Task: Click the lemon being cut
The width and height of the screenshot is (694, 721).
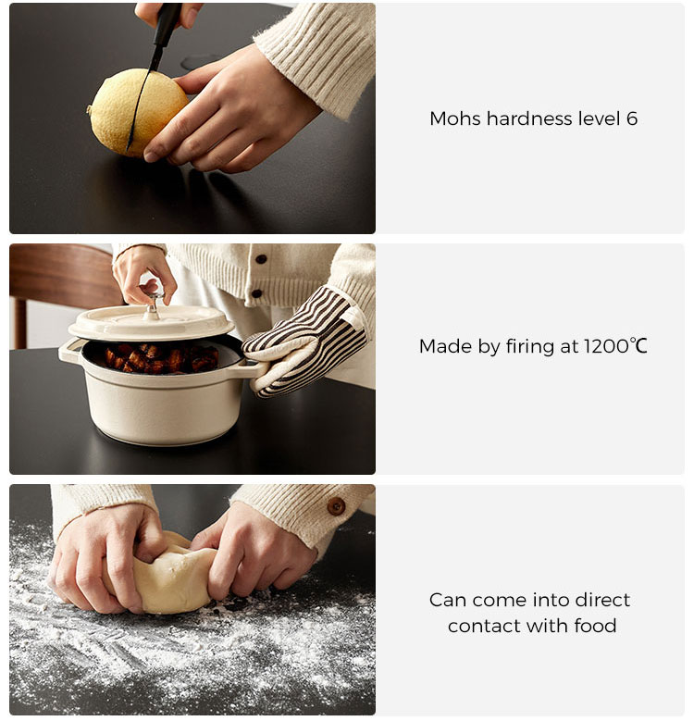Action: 138,112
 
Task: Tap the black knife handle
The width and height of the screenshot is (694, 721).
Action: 166,23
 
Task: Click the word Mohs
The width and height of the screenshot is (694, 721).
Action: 456,118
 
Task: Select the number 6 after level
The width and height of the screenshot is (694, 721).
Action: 631,119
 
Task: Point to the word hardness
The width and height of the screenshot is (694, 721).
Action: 530,118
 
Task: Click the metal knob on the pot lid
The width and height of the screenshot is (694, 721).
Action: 152,303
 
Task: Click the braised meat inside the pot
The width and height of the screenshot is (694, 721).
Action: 161,358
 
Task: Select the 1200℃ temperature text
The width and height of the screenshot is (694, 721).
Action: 616,346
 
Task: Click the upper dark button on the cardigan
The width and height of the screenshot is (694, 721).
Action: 261,259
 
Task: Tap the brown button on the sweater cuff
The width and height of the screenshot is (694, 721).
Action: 336,506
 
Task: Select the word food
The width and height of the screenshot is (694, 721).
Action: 595,626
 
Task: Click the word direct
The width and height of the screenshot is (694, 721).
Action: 602,600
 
